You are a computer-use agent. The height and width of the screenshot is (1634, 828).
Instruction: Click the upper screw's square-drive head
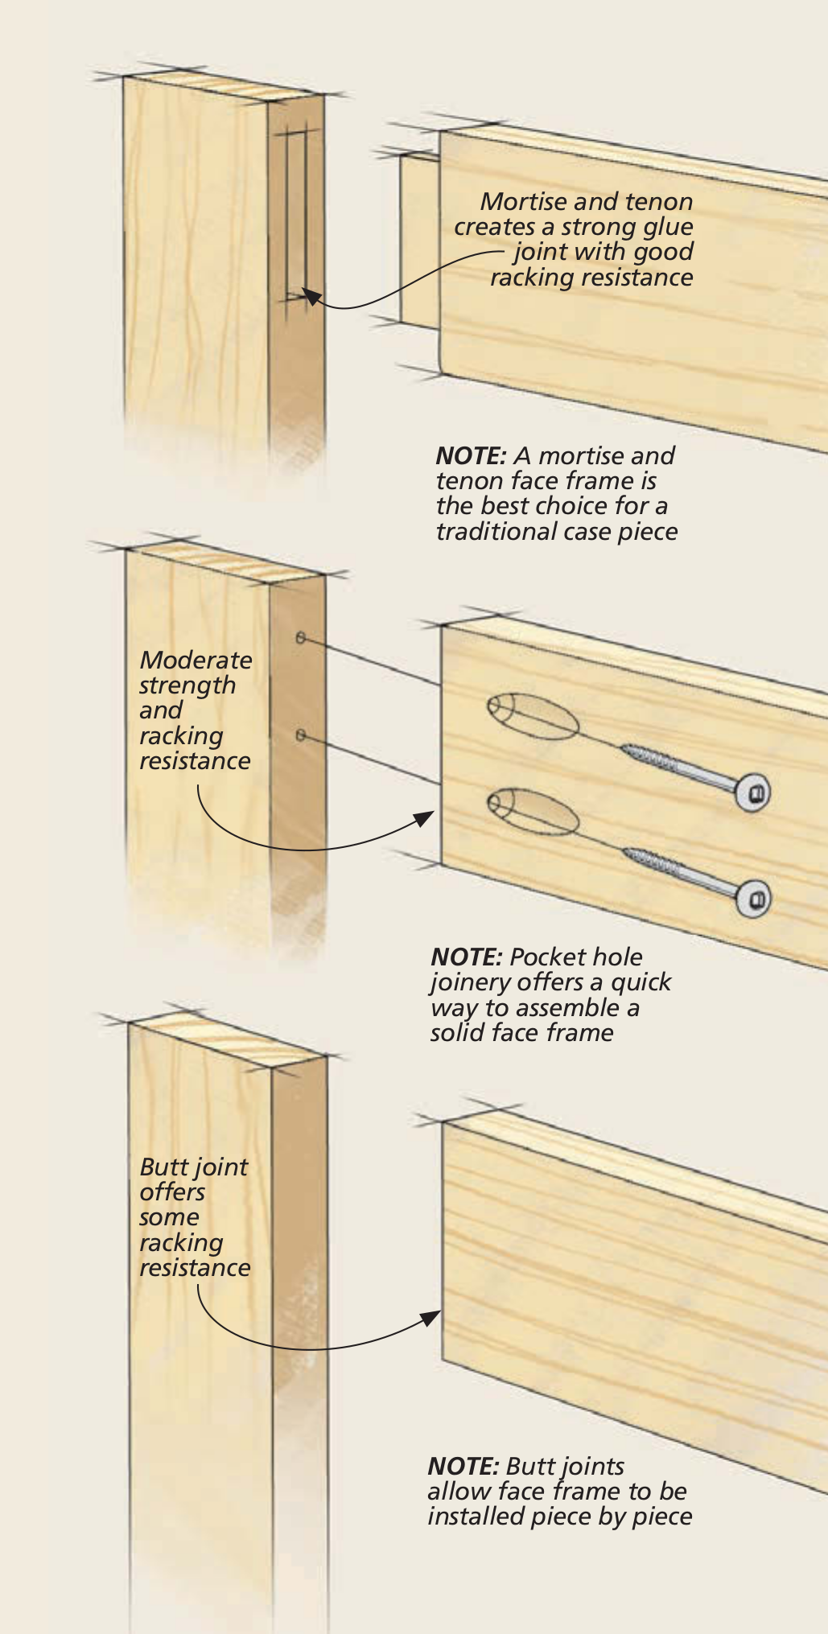[x=753, y=793]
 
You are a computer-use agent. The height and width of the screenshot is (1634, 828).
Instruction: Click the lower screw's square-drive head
[x=753, y=898]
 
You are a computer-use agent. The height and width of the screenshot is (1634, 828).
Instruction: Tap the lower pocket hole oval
[x=533, y=811]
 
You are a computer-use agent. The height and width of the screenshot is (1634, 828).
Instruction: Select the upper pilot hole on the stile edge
[x=300, y=638]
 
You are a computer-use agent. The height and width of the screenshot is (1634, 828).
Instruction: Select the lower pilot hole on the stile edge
[x=300, y=735]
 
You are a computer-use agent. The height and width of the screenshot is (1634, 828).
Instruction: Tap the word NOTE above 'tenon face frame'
[x=470, y=456]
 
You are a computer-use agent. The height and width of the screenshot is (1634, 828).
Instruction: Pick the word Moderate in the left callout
[x=196, y=661]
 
